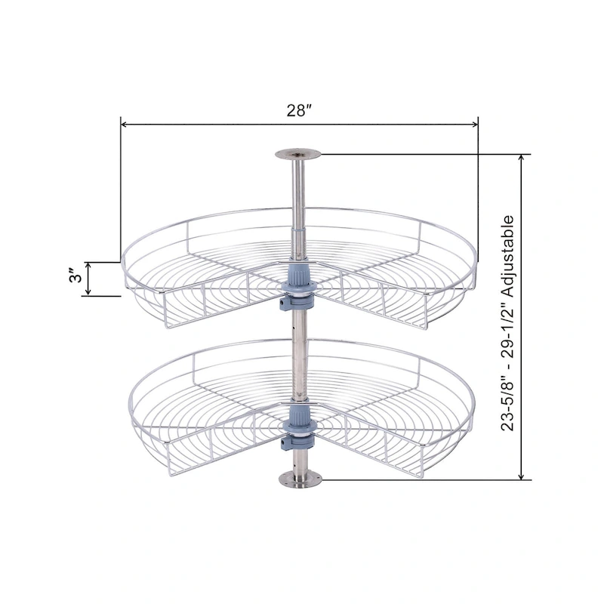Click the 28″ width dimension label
tap(300, 110)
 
